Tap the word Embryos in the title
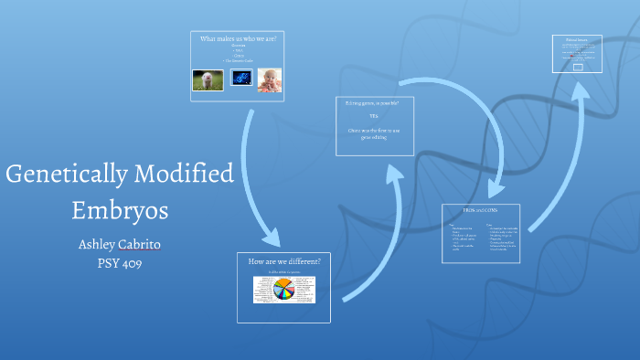(121, 210)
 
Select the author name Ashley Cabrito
(121, 246)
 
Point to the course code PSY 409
(121, 263)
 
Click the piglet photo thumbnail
(208, 80)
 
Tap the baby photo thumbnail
(269, 80)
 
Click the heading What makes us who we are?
(238, 39)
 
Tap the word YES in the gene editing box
(374, 117)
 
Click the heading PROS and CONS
(480, 211)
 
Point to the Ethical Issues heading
(576, 41)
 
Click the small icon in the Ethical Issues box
(577, 67)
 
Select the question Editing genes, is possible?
(373, 103)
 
